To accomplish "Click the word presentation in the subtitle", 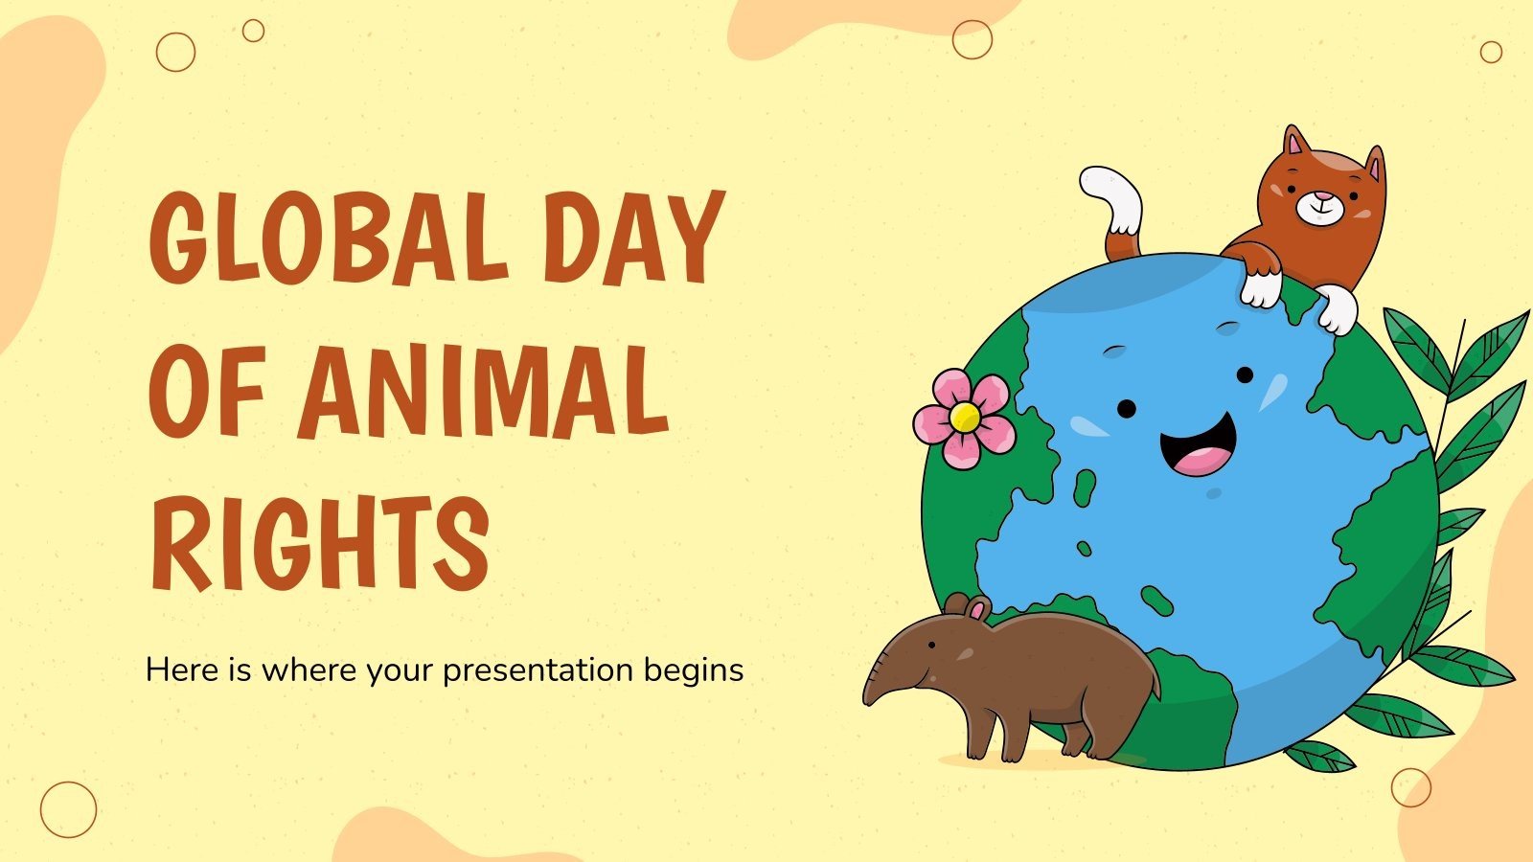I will point(538,669).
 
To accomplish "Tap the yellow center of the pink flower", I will point(966,417).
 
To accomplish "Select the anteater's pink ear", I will point(976,609).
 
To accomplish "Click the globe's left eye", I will point(1127,409).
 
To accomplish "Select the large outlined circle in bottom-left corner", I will point(68,809).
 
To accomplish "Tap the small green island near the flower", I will point(1085,487).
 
